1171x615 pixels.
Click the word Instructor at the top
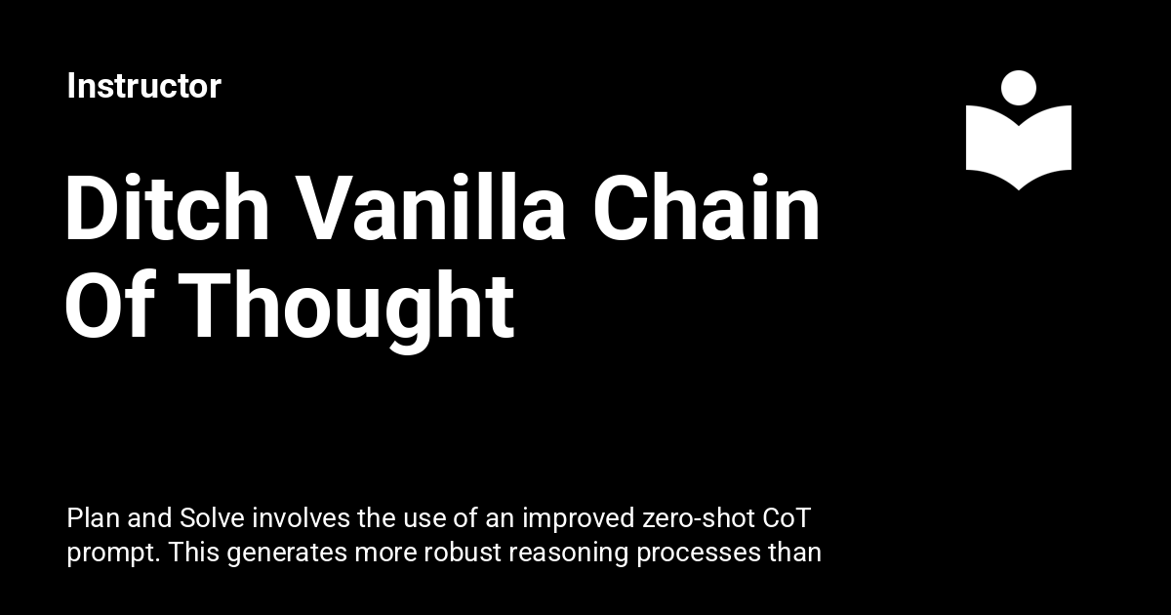144,86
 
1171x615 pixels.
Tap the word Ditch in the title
167,208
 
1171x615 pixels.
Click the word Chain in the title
706,208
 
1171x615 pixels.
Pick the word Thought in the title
346,312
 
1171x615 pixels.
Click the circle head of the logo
1019,88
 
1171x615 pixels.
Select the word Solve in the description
213,518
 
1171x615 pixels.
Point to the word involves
302,518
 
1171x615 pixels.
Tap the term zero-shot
699,518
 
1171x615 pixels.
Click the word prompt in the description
113,554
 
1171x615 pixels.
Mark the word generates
287,554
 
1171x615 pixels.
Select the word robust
463,552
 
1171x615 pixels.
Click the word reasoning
568,554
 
